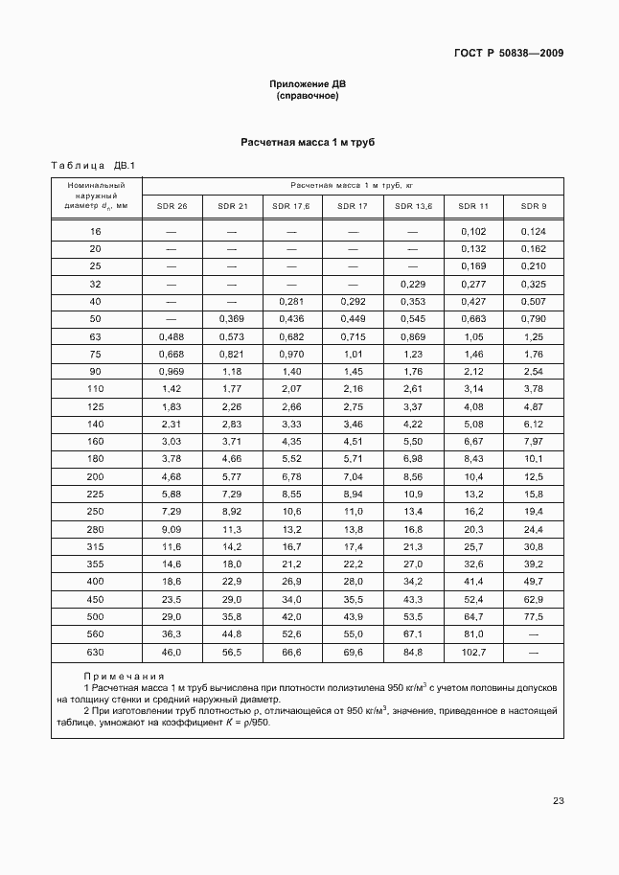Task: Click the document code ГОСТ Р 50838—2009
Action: click(x=508, y=53)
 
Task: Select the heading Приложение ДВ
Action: click(x=307, y=84)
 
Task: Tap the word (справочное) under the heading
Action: click(x=307, y=97)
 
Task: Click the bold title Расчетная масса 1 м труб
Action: click(x=307, y=142)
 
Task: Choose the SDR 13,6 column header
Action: click(x=413, y=206)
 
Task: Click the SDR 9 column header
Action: click(x=534, y=206)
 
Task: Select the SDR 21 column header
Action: click(x=232, y=206)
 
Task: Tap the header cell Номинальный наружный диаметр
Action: click(x=96, y=196)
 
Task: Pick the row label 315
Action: click(x=96, y=545)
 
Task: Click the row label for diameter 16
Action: click(x=96, y=231)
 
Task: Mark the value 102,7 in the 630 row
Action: click(x=473, y=652)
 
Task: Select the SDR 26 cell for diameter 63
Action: click(x=172, y=336)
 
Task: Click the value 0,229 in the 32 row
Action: click(x=413, y=284)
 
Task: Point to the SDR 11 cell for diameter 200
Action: click(x=473, y=475)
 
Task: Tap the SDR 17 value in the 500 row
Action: click(x=353, y=615)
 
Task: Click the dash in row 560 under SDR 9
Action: click(x=534, y=633)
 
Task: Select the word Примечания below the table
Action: click(x=124, y=676)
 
